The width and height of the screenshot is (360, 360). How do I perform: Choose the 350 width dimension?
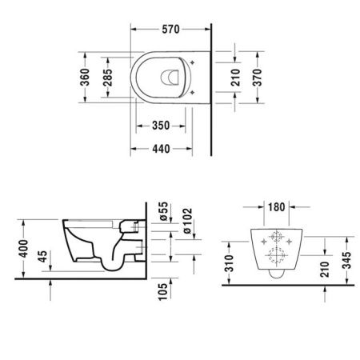[x=161, y=126]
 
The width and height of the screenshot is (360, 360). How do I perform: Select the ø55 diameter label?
[x=162, y=212]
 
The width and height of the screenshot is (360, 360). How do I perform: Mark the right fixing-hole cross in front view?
[x=290, y=238]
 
